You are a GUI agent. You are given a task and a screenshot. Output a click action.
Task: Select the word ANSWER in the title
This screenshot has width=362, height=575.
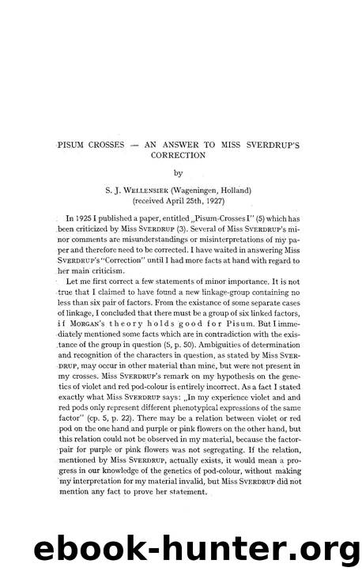[191, 145]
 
